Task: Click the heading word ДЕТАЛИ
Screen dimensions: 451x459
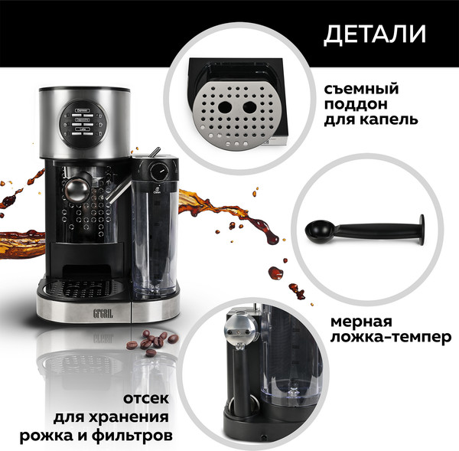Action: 375,34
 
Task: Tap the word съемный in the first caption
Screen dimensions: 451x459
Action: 362,90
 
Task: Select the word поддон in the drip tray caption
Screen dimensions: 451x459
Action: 357,105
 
